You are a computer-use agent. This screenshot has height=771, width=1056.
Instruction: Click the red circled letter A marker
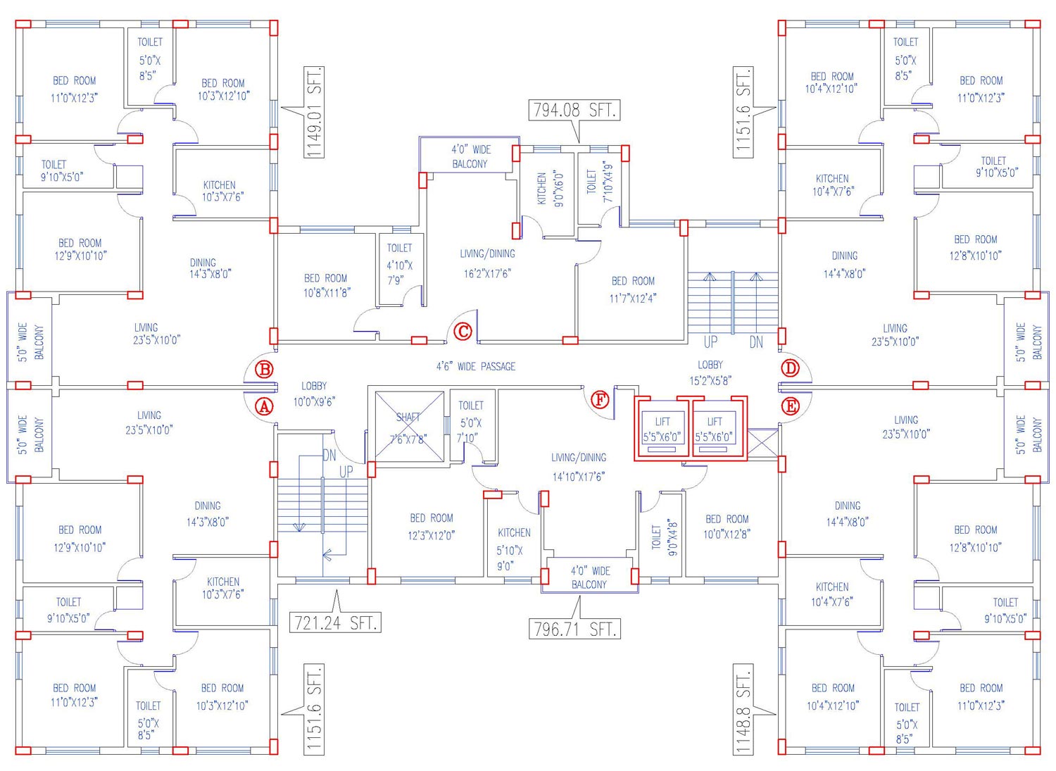click(x=264, y=406)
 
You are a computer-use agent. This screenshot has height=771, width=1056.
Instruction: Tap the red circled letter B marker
click(x=265, y=369)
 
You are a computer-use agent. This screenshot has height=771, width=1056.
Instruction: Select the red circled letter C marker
click(x=463, y=331)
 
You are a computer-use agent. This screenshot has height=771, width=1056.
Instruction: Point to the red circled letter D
click(x=791, y=368)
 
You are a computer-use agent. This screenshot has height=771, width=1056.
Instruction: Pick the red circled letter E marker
click(x=791, y=406)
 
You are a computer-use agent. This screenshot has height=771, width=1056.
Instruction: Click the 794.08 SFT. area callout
click(x=574, y=111)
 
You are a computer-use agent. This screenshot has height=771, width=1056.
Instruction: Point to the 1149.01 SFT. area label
click(x=314, y=112)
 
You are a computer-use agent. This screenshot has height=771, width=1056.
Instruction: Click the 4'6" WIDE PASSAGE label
click(x=476, y=366)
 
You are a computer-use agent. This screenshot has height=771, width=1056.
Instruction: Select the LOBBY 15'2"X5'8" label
click(x=710, y=372)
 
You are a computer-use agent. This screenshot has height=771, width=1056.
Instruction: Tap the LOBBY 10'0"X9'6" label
click(x=314, y=394)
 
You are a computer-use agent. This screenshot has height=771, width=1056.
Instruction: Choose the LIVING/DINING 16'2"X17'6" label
click(x=487, y=263)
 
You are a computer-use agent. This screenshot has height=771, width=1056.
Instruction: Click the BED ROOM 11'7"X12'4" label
click(x=633, y=289)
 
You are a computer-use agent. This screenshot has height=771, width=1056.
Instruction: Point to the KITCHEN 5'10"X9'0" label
click(x=514, y=549)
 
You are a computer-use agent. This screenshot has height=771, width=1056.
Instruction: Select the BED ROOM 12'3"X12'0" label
click(x=432, y=527)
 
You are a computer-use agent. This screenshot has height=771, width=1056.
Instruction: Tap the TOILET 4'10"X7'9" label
click(x=399, y=264)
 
